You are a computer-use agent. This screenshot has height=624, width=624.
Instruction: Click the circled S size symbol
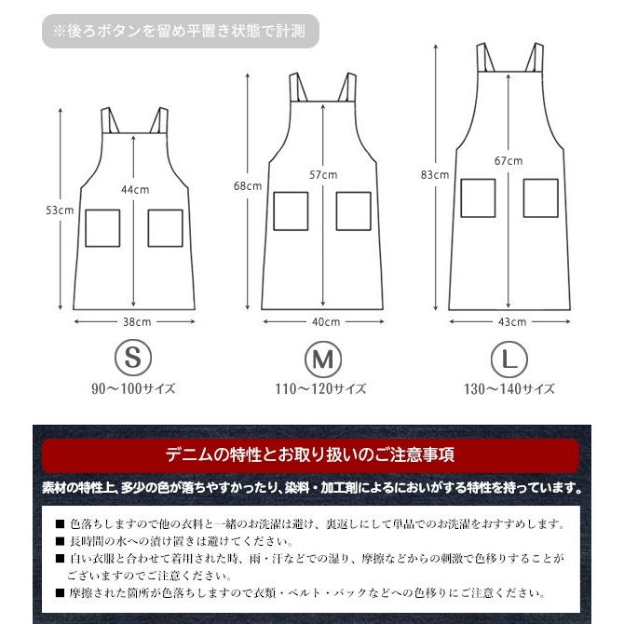coord(132,358)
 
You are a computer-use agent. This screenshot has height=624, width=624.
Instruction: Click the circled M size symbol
coord(320,358)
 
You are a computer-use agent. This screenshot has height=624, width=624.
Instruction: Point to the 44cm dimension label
coord(135,189)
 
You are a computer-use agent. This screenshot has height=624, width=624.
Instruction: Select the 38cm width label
coord(136,321)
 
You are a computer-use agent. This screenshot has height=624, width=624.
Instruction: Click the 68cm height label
coord(247,185)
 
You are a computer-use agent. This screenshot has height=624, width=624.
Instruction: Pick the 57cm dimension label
coord(322,174)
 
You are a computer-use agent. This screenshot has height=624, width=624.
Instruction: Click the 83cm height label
coord(435,174)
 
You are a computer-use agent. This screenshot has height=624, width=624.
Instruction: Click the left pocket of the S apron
coord(102,228)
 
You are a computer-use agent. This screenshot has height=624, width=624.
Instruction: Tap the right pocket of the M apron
coord(353,210)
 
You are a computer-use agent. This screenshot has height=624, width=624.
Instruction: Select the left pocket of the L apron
coord(478,197)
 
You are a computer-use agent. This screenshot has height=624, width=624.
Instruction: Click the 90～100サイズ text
coord(133,388)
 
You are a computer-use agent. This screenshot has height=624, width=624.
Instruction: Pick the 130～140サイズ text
coord(508,388)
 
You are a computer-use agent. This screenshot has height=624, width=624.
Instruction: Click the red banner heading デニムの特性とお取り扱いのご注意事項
coord(311,455)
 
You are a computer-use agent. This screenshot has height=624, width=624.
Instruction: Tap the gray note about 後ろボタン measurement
coord(181,31)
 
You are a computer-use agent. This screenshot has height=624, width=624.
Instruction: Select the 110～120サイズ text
coord(321,388)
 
